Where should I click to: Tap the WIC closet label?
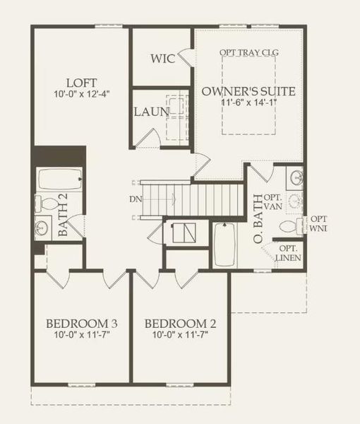pyautogui.click(x=162, y=58)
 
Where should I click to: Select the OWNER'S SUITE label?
pyautogui.click(x=248, y=91)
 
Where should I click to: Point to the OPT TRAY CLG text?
pyautogui.click(x=249, y=52)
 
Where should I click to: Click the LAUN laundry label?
pyautogui.click(x=151, y=112)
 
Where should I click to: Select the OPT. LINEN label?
pyautogui.click(x=288, y=253)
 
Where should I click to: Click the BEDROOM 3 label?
pyautogui.click(x=82, y=324)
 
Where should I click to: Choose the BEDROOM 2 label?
pyautogui.click(x=180, y=324)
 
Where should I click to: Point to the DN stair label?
pyautogui.click(x=135, y=199)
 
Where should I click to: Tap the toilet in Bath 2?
pyautogui.click(x=47, y=204)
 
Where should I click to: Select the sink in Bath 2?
pyautogui.click(x=42, y=228)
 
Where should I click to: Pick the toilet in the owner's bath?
pyautogui.click(x=289, y=226)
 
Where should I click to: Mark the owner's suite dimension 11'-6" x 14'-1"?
pyautogui.click(x=248, y=103)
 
